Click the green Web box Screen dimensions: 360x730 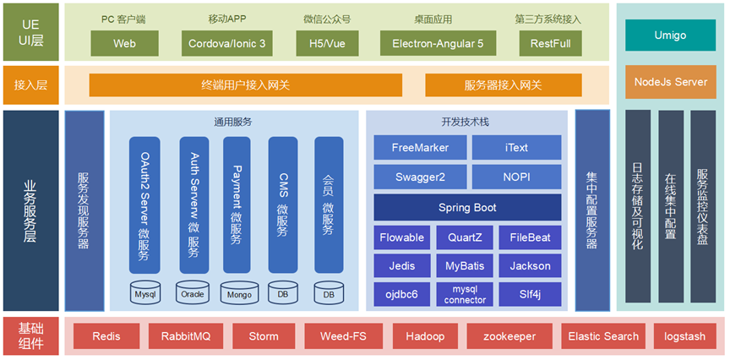pyautogui.click(x=123, y=43)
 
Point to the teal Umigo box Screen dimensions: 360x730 pyautogui.click(x=670, y=35)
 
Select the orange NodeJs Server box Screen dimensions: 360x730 pyautogui.click(x=670, y=82)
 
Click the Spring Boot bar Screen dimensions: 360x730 pyautogui.click(x=467, y=207)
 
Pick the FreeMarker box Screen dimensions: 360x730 pyautogui.click(x=420, y=147)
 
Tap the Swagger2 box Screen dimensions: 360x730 pyautogui.click(x=420, y=177)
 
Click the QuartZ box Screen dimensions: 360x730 pyautogui.click(x=466, y=237)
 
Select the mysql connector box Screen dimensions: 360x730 pyautogui.click(x=466, y=294)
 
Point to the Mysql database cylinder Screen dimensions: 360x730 pyautogui.click(x=144, y=294)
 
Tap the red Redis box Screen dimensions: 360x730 pyautogui.click(x=106, y=336)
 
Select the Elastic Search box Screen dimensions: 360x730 pyautogui.click(x=603, y=336)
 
